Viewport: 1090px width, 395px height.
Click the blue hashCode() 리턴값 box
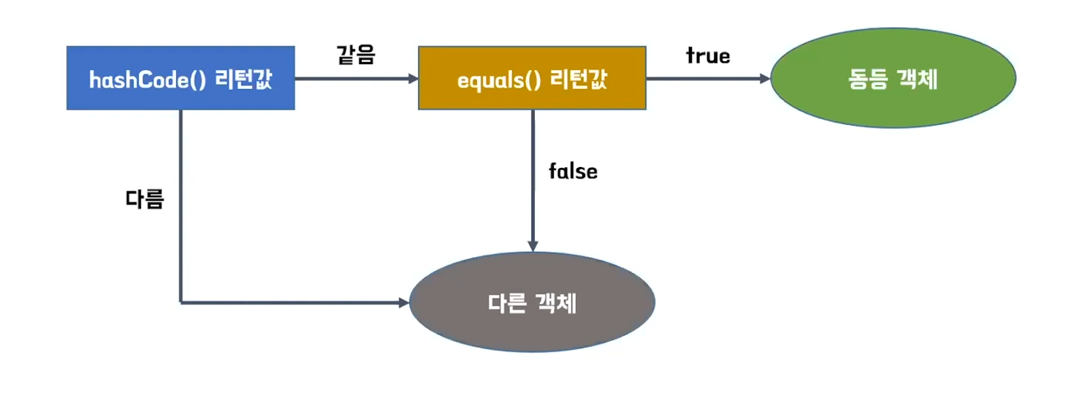tap(180, 78)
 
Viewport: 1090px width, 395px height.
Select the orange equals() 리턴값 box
tap(532, 78)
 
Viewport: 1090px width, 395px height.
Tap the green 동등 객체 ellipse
tap(893, 80)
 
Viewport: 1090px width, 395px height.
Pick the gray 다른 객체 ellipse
tap(532, 302)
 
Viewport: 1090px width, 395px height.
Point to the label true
tap(708, 55)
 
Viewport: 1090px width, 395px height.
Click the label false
tap(573, 172)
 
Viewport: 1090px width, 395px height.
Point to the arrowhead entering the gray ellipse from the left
tap(403, 302)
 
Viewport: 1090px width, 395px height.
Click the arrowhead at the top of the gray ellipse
tap(533, 246)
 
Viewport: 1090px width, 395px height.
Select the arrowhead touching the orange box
tap(412, 78)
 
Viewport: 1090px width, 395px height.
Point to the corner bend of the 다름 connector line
tap(180, 302)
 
